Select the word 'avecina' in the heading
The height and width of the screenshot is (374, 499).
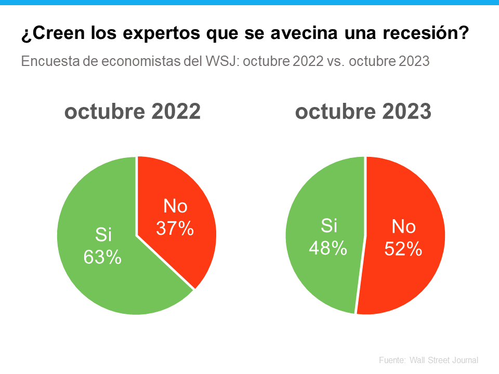295,35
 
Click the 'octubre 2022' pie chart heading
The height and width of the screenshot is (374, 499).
133,112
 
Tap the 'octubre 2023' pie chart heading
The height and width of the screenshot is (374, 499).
363,112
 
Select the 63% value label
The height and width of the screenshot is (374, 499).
103,257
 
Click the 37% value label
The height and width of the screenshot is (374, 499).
175,229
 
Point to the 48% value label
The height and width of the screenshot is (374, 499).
327,248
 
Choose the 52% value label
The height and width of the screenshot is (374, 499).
403,249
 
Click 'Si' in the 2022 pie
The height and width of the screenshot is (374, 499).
103,235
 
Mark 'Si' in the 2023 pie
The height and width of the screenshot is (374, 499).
329,226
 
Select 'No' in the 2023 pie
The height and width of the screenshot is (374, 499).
403,228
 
